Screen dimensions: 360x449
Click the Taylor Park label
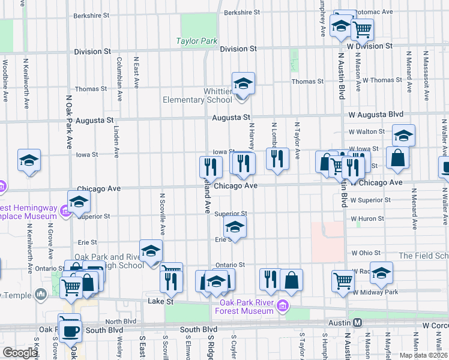pyautogui.click(x=196, y=41)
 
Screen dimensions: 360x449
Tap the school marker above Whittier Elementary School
pyautogui.click(x=243, y=83)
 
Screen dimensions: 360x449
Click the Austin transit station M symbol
pyautogui.click(x=358, y=322)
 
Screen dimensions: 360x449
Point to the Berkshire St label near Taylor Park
pyautogui.click(x=241, y=12)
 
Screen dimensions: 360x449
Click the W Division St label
pyautogui.click(x=370, y=46)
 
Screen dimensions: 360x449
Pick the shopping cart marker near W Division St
pyautogui.click(x=362, y=28)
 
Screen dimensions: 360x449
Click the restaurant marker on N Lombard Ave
pyautogui.click(x=277, y=158)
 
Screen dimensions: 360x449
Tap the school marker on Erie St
pyautogui.click(x=235, y=227)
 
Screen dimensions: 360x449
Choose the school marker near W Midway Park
pyautogui.click(x=381, y=274)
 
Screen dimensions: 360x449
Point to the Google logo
pyautogui.click(x=19, y=353)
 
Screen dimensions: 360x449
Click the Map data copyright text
pyautogui.click(x=424, y=355)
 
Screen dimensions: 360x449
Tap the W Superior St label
pyautogui.click(x=371, y=200)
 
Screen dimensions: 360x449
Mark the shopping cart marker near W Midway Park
pyautogui.click(x=343, y=280)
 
